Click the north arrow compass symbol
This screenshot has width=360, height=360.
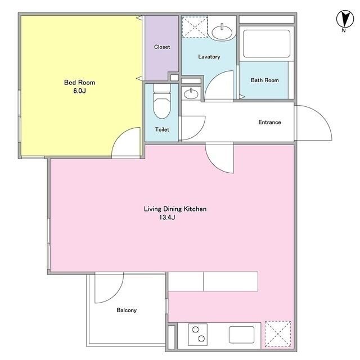pyautogui.click(x=345, y=19)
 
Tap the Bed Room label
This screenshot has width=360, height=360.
pyautogui.click(x=79, y=83)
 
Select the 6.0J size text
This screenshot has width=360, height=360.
pyautogui.click(x=79, y=91)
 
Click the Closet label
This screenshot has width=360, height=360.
pyautogui.click(x=162, y=47)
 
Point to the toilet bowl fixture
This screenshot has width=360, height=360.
pyautogui.click(x=162, y=101)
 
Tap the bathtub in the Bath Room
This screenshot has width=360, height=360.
pyautogui.click(x=266, y=44)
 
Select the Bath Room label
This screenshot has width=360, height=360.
pyautogui.click(x=265, y=80)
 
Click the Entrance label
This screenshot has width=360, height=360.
pyautogui.click(x=269, y=122)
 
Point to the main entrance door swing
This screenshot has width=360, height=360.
pyautogui.click(x=321, y=115)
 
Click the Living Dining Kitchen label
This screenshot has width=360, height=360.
pyautogui.click(x=175, y=209)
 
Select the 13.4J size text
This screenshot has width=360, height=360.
pyautogui.click(x=167, y=217)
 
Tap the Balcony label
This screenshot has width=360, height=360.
pyautogui.click(x=127, y=310)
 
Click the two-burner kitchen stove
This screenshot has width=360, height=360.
pyautogui.click(x=197, y=335)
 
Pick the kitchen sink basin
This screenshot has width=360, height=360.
pyautogui.click(x=241, y=335)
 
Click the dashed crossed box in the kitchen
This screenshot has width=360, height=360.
pyautogui.click(x=278, y=334)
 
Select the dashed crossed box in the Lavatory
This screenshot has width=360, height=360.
pyautogui.click(x=195, y=27)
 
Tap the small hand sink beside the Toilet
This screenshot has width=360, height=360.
pyautogui.click(x=191, y=94)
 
